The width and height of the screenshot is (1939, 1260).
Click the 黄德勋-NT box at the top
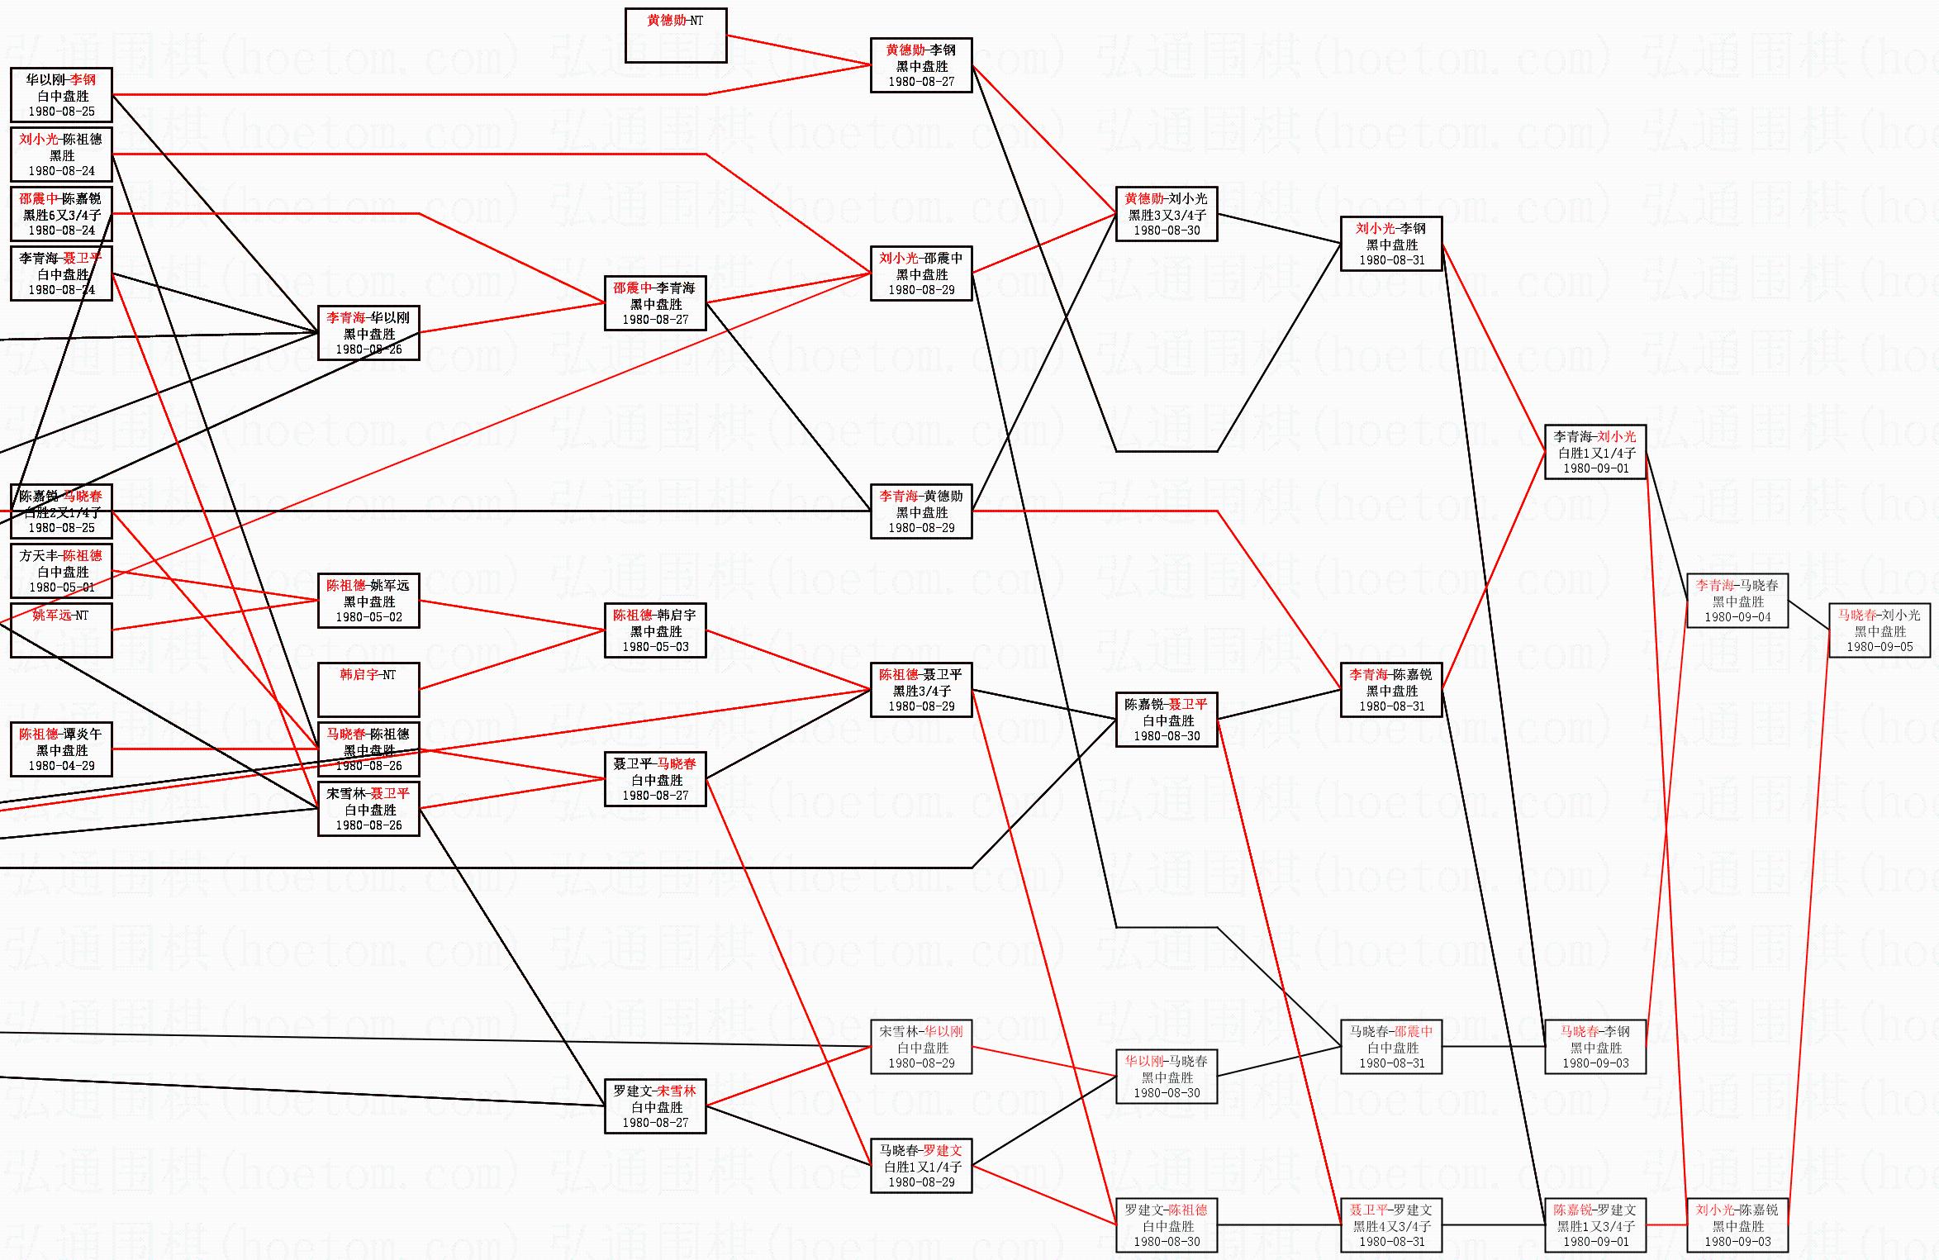tap(676, 36)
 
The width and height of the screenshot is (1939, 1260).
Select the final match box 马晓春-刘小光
tap(1880, 630)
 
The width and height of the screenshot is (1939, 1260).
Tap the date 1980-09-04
tap(1737, 617)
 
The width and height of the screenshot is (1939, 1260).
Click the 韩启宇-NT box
tap(368, 689)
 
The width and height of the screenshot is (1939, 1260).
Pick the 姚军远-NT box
tap(61, 630)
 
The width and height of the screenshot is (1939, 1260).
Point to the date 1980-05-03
tap(655, 647)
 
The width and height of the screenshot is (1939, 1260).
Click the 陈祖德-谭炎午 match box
tap(61, 749)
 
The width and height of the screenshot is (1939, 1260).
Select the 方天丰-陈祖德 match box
tap(61, 571)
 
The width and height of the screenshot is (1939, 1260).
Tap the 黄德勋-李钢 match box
tap(921, 65)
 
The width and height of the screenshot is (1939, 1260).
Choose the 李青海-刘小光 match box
tap(1595, 452)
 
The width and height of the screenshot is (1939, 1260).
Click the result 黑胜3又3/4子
tap(1167, 215)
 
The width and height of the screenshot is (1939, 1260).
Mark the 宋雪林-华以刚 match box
tap(921, 1047)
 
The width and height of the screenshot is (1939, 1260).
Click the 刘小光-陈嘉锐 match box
tap(1737, 1225)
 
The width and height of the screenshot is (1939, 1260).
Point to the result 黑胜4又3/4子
tap(1391, 1226)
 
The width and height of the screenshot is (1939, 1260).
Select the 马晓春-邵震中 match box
tap(1391, 1047)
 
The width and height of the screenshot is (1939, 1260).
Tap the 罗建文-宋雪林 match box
tap(655, 1106)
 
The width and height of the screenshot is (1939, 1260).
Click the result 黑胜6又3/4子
tap(61, 215)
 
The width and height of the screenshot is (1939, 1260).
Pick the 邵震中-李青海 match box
tap(655, 303)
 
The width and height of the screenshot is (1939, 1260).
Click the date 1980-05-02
tap(368, 617)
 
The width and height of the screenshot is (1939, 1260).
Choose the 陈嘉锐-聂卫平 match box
tap(1167, 720)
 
